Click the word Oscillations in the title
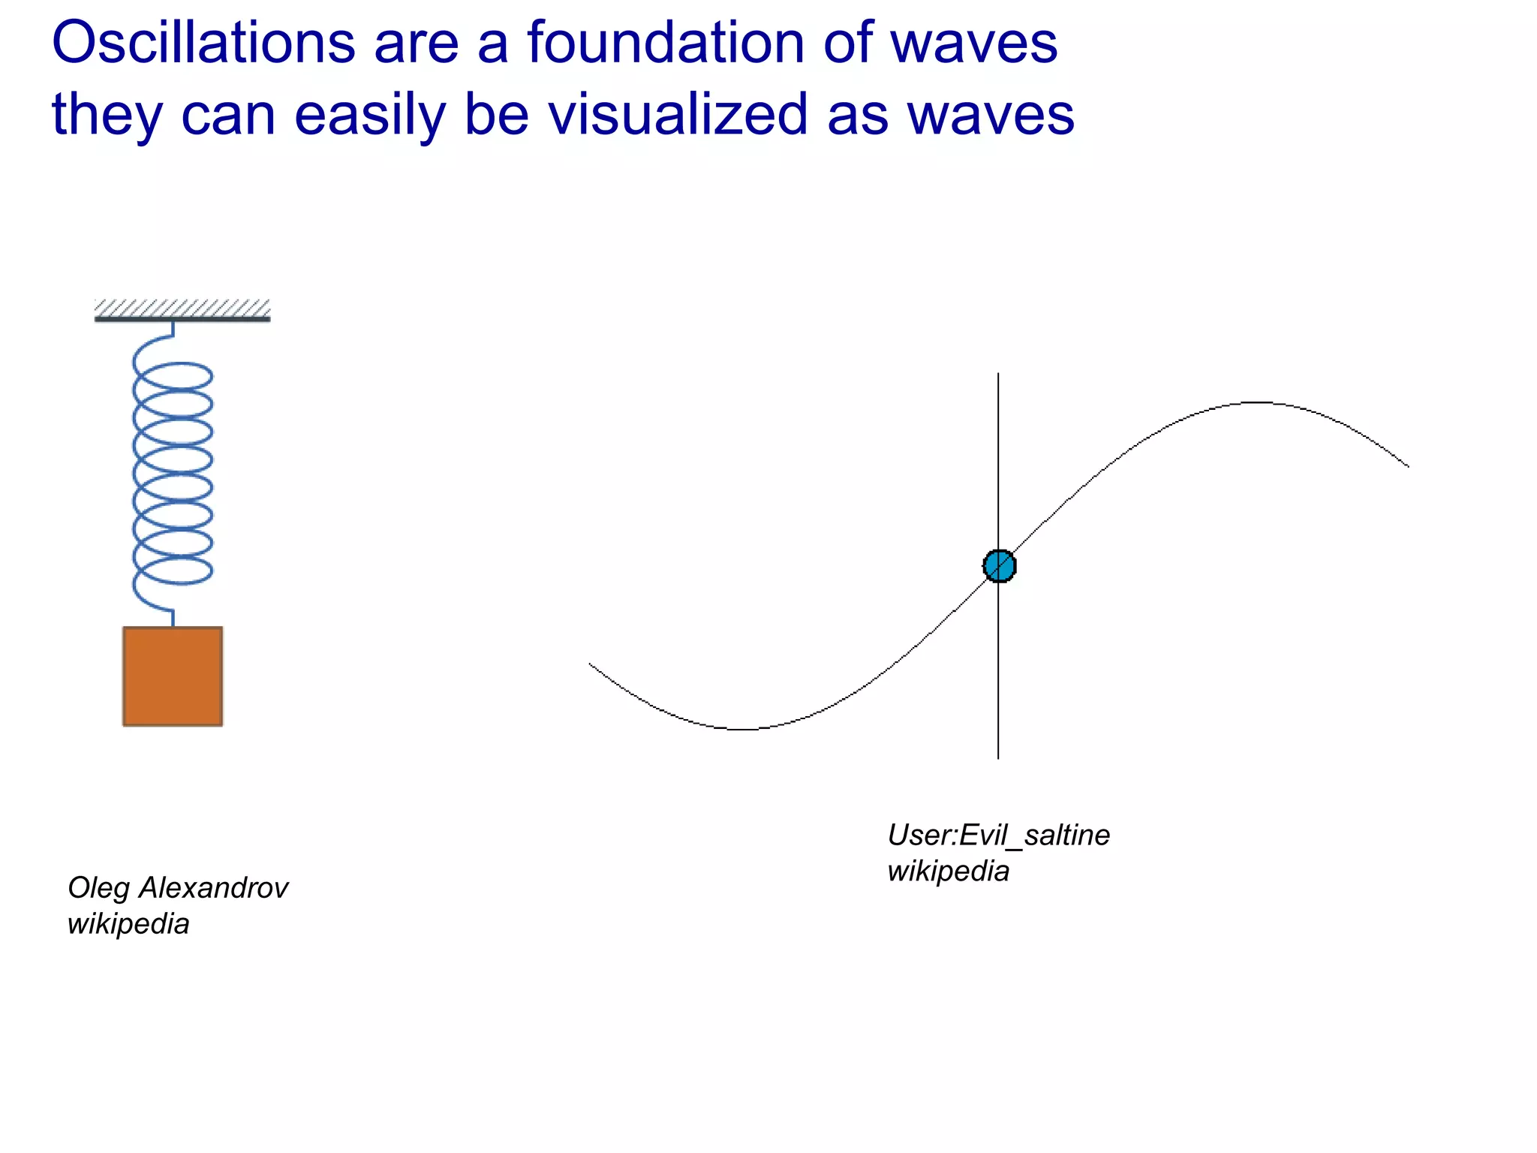point(203,43)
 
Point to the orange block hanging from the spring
point(173,676)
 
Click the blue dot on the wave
point(999,566)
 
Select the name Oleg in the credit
point(98,888)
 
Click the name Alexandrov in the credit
point(214,888)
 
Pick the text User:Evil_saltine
point(998,835)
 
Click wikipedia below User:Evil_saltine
point(948,872)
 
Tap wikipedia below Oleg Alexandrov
point(128,924)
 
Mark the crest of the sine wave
point(1259,403)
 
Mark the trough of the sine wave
point(741,729)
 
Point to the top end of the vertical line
point(998,374)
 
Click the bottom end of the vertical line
point(998,758)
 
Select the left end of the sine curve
point(590,664)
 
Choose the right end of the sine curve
point(1408,466)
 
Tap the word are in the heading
point(417,43)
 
